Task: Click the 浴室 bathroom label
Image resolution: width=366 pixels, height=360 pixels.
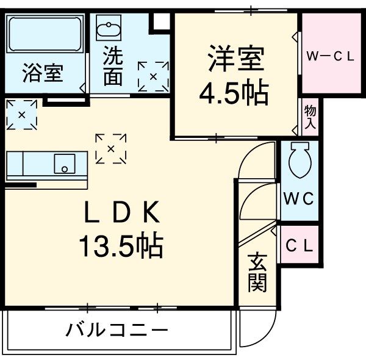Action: (x=43, y=73)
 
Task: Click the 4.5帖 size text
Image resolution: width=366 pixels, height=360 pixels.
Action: (x=234, y=92)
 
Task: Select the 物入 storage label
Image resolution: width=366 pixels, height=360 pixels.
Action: (x=310, y=116)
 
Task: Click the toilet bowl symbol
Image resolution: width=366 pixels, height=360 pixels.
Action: (x=300, y=160)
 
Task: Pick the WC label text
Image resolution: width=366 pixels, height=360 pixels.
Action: (x=299, y=199)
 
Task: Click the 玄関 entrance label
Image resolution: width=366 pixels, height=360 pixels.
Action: (x=257, y=271)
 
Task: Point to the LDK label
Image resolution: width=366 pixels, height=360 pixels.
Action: (x=121, y=214)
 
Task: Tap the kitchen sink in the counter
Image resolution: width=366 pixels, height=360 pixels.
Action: (x=63, y=164)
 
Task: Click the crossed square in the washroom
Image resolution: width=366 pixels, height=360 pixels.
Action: (x=152, y=76)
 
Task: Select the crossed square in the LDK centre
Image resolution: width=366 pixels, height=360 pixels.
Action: (x=111, y=148)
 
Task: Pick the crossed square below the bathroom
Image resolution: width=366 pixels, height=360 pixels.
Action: (x=22, y=114)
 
